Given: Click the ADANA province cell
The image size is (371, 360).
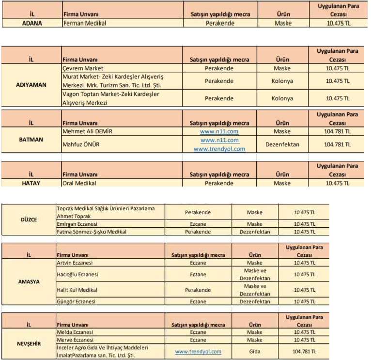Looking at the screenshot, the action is pos(32,23).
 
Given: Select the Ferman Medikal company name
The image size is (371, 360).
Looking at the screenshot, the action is pos(85,23).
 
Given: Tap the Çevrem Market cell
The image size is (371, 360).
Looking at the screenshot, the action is pos(83,68).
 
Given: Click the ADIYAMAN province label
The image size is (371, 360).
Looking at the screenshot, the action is pos(31,84).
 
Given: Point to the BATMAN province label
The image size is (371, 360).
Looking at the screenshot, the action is pos(31,140).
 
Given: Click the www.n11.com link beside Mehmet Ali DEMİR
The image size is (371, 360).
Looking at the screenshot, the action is pos(219,131).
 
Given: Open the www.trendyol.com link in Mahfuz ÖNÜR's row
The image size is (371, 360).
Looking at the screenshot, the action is pos(219,149).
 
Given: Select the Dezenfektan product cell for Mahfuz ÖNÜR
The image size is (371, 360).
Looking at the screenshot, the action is pos(282,144).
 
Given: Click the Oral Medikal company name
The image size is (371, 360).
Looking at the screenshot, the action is pos(79,184).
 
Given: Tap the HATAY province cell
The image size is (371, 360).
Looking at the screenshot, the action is pos(31,184).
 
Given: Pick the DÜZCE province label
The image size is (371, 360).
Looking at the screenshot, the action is pos(30,219).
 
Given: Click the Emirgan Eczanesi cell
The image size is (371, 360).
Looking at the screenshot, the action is pos(77,224).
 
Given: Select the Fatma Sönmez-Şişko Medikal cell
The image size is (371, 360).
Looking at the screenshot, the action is pos(92,232).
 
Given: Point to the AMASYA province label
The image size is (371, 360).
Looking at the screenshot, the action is pos(29,282).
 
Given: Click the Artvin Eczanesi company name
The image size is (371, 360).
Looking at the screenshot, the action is pos(75,263).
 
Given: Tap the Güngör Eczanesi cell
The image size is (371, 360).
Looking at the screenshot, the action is pos(76,301).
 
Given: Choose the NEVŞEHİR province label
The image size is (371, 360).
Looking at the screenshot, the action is pos(29,344).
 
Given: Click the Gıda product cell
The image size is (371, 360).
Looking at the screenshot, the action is pos(255,351).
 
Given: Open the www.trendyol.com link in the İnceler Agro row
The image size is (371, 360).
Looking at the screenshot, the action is pos(198,351).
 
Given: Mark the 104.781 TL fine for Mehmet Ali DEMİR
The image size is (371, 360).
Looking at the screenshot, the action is pos(338,131).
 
